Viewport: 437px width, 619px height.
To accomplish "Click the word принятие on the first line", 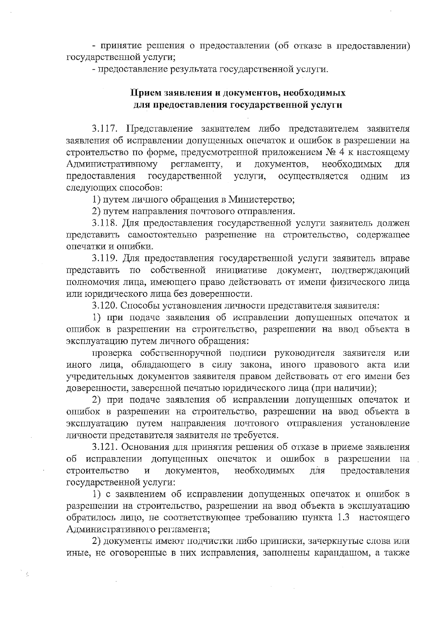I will coord(122,46).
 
